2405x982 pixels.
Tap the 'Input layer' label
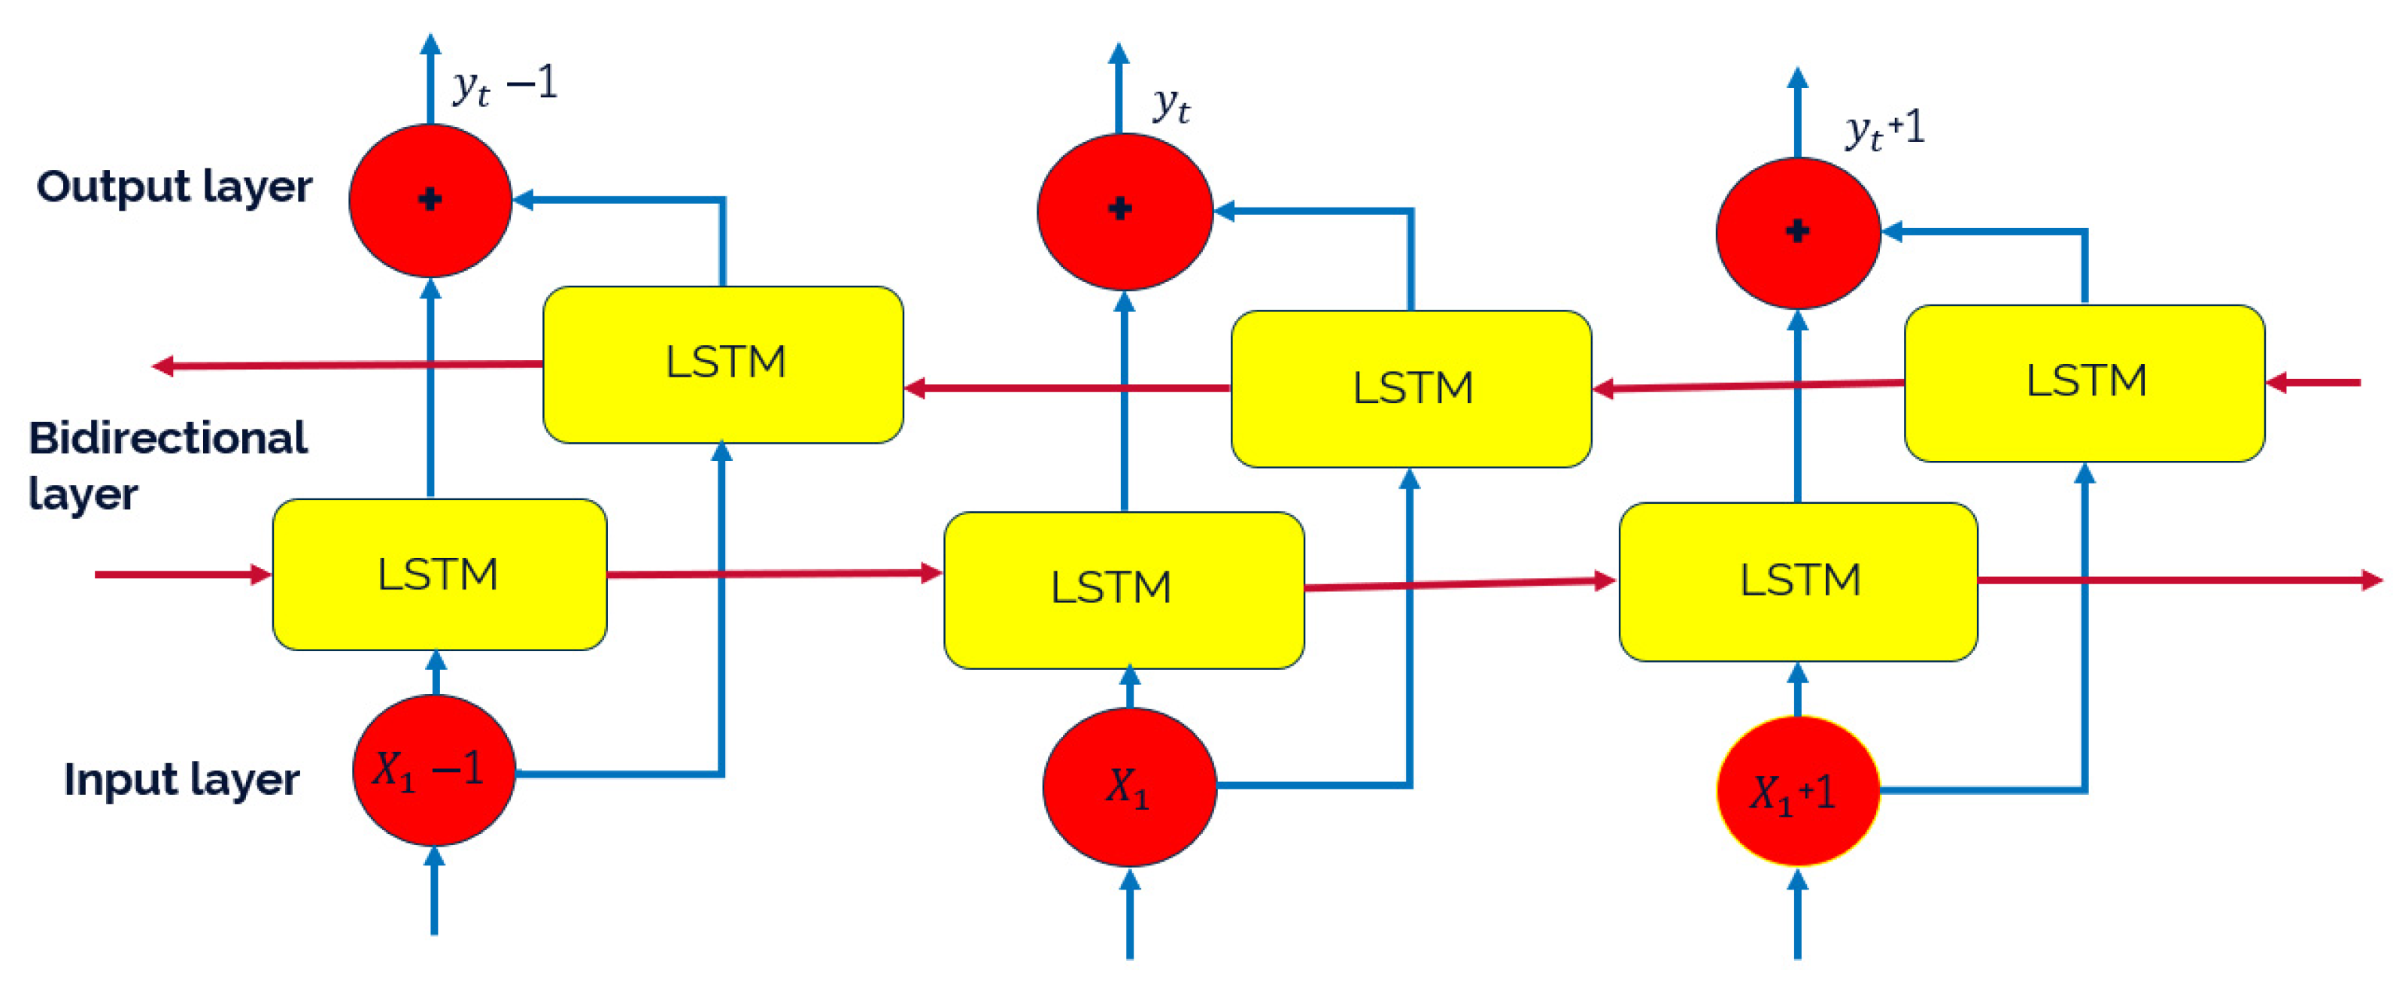tap(181, 780)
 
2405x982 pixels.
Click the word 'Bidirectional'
tap(168, 438)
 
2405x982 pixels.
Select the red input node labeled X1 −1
tap(434, 771)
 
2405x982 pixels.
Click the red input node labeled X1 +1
tap(1797, 792)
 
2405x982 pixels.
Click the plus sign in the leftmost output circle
tap(430, 199)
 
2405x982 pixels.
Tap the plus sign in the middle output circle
tap(1119, 208)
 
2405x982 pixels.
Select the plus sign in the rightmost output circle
tap(1797, 231)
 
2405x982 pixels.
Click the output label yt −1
tap(505, 86)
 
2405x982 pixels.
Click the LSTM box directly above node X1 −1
tap(439, 574)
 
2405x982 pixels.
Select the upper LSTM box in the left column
tap(724, 364)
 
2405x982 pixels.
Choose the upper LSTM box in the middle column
tap(1411, 388)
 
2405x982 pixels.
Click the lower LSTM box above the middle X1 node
tap(1123, 589)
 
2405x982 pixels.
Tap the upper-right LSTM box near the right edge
tap(2084, 383)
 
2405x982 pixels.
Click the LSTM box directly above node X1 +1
tap(1798, 581)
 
